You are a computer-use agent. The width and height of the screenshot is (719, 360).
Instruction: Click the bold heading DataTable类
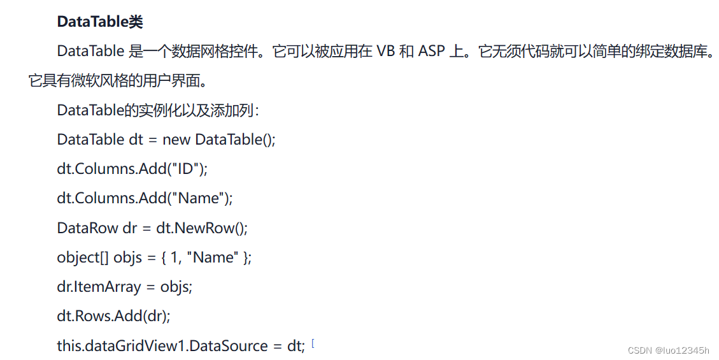point(100,22)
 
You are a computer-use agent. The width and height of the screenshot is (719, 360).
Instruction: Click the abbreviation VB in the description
point(386,52)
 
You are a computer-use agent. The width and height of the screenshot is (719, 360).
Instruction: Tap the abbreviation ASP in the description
point(432,52)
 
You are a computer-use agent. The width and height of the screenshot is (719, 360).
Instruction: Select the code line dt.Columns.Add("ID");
point(132,169)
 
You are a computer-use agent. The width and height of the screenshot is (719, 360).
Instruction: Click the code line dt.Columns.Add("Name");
point(145,198)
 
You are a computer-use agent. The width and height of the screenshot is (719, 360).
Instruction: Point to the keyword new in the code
point(176,140)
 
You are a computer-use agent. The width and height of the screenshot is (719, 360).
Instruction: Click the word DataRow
point(87,227)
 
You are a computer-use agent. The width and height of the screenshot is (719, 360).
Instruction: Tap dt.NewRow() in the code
point(202,227)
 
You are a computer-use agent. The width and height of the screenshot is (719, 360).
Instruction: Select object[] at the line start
point(83,257)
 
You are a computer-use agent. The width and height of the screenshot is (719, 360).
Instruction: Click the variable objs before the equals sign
point(127,257)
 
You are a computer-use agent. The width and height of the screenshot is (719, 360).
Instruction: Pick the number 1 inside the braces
point(174,257)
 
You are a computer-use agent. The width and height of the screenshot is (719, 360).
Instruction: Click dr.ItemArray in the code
point(99,287)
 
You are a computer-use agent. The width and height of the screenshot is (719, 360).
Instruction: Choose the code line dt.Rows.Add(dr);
point(113,316)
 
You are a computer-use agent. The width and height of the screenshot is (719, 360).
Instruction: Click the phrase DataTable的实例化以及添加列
point(157,110)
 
